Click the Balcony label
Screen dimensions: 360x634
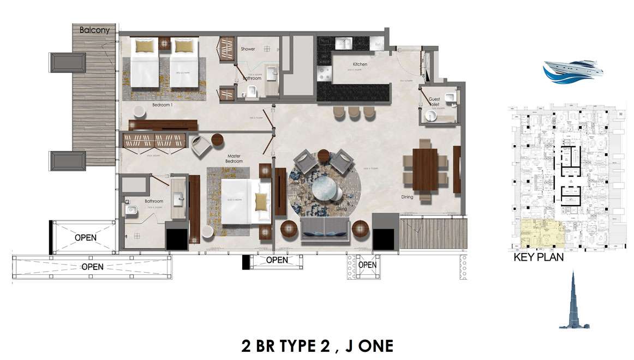click(x=94, y=30)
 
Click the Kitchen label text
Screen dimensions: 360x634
click(x=360, y=64)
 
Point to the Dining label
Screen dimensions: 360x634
click(x=406, y=197)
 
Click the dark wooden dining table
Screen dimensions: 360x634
click(x=426, y=170)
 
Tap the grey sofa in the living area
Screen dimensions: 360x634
click(x=325, y=228)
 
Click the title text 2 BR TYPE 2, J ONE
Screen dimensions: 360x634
click(x=317, y=345)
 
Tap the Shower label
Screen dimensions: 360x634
click(x=248, y=49)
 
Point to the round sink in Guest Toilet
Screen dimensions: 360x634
click(x=433, y=116)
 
